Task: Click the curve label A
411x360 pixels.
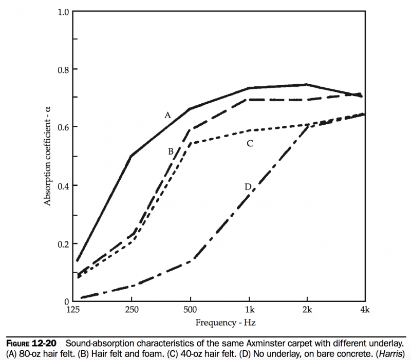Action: [167, 116]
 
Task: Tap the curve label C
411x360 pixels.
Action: [250, 143]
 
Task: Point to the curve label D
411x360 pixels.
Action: [248, 187]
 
